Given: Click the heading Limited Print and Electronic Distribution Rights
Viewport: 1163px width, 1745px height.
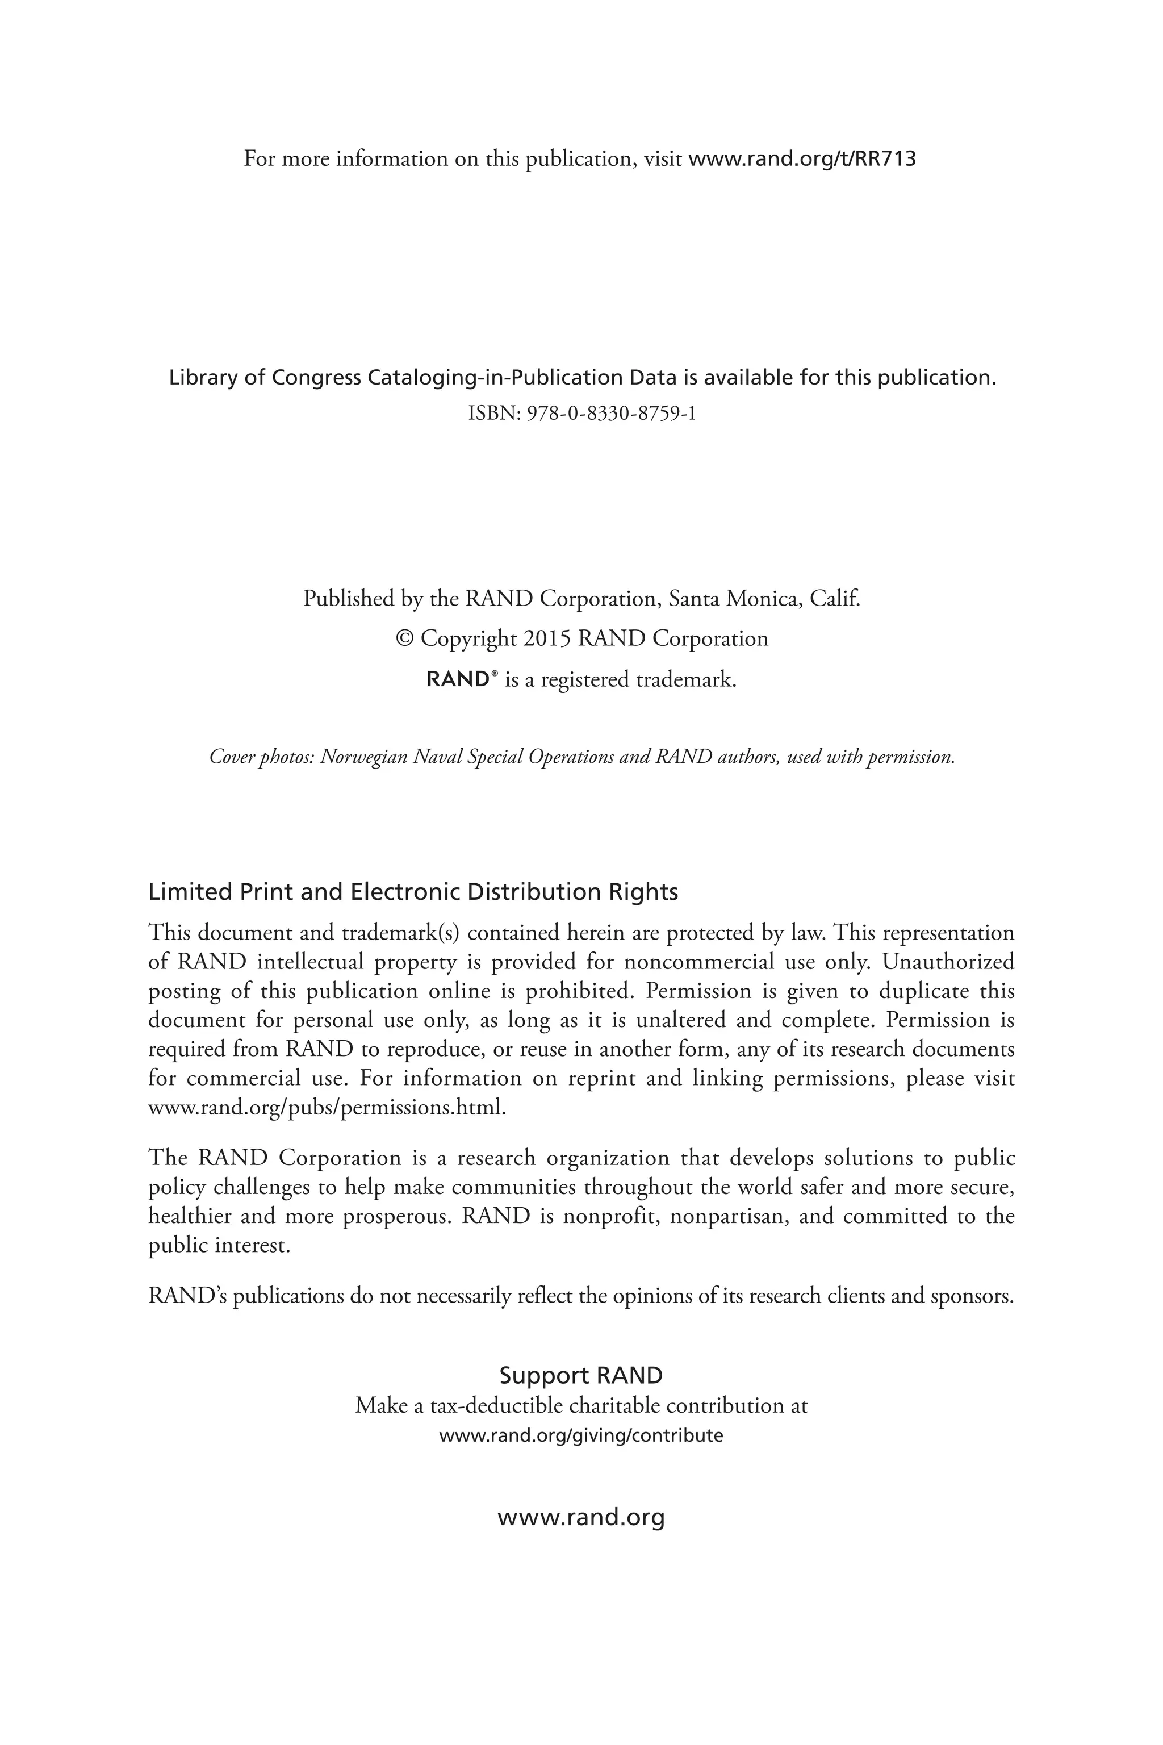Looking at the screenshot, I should point(413,891).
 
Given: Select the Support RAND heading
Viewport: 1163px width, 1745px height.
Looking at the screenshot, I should point(581,1376).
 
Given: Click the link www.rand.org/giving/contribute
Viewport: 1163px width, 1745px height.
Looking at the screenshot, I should point(581,1435).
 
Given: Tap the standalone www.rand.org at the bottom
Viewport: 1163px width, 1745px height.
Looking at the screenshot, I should point(581,1517).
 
